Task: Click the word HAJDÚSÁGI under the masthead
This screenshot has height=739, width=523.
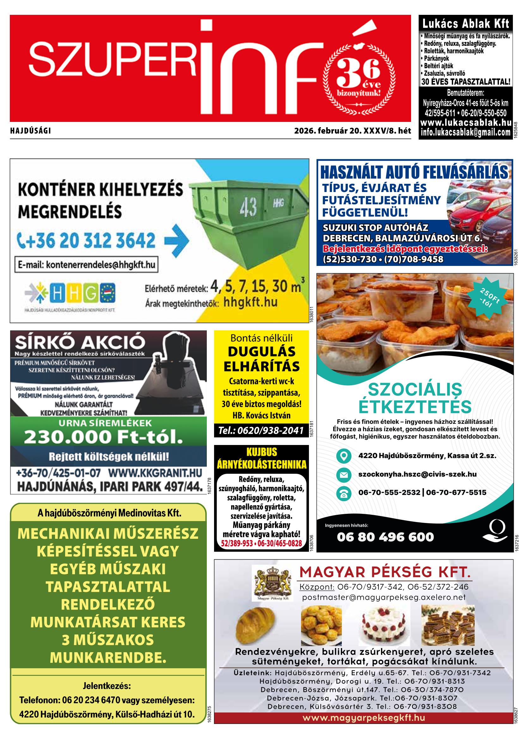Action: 31,131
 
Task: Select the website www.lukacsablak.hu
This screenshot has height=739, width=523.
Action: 466,123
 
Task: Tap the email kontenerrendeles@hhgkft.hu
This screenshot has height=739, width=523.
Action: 86,265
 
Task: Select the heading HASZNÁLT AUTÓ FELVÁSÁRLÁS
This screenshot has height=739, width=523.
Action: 414,172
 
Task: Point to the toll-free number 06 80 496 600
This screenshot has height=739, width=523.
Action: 385,537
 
